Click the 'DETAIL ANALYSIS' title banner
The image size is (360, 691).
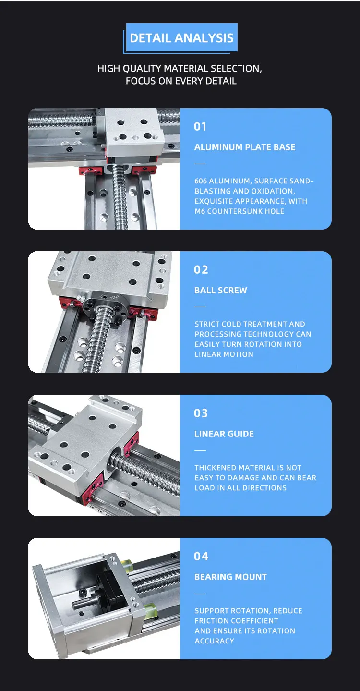click(x=181, y=38)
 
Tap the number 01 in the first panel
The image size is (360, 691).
click(x=200, y=126)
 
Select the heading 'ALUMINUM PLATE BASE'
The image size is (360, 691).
click(x=245, y=147)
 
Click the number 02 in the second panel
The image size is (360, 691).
click(x=201, y=269)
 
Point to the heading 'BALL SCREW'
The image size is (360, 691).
click(x=221, y=291)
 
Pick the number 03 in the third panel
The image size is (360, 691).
click(x=201, y=413)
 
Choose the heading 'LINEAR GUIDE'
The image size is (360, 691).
click(x=224, y=434)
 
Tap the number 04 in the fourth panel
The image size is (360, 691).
click(x=201, y=556)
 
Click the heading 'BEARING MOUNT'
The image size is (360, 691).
click(x=230, y=577)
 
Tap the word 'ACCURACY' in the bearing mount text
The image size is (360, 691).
click(x=215, y=641)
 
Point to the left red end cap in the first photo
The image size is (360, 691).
click(x=90, y=170)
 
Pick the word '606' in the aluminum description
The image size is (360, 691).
click(x=201, y=181)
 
